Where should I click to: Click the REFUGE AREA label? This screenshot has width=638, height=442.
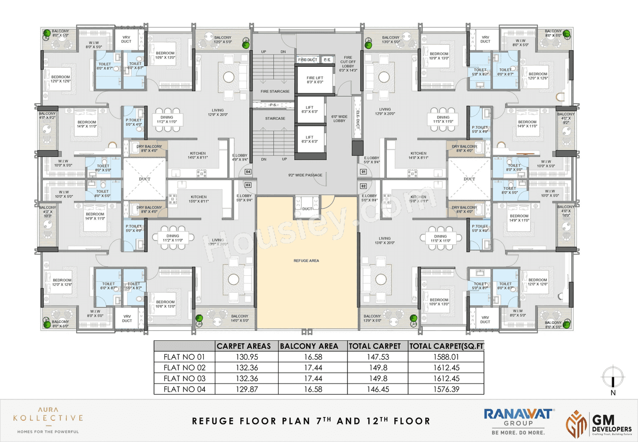[x=307, y=260]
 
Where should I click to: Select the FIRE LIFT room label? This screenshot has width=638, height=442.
[x=309, y=80]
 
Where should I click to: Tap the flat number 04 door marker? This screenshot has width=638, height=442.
[x=248, y=172]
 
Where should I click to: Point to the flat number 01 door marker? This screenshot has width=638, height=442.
[x=363, y=172]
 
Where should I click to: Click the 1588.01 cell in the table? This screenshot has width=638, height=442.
[x=446, y=357]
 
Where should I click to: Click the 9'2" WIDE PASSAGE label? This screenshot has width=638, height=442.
[x=305, y=175]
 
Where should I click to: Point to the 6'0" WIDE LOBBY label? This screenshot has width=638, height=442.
[x=339, y=118]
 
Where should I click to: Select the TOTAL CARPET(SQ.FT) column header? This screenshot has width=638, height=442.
[x=446, y=346]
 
